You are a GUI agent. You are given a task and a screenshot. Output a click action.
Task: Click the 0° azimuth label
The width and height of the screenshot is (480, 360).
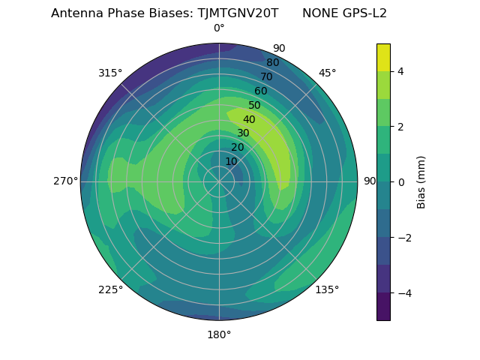click(219, 28)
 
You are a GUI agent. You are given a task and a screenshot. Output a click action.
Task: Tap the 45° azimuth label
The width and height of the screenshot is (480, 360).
click(327, 73)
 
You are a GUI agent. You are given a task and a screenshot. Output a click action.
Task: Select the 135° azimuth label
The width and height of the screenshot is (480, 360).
click(327, 289)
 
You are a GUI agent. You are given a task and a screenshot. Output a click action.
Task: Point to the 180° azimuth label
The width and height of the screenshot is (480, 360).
click(219, 334)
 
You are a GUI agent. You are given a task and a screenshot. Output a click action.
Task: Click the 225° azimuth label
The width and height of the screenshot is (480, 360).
click(110, 289)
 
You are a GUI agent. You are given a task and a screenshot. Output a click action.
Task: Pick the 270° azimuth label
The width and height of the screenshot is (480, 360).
click(65, 181)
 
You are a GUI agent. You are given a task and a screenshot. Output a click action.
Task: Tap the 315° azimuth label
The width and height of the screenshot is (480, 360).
click(110, 73)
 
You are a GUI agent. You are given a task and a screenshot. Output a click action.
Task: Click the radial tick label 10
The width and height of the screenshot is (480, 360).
click(231, 161)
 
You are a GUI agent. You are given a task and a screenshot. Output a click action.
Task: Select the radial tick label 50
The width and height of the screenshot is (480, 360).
click(255, 106)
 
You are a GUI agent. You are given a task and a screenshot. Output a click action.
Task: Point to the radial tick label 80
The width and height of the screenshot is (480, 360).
click(272, 63)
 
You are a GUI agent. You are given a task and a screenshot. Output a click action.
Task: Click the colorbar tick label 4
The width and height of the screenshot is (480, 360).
click(401, 71)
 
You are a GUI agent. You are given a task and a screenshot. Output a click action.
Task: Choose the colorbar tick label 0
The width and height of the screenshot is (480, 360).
click(401, 181)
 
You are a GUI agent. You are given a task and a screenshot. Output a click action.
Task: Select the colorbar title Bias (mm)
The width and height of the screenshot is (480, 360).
click(421, 181)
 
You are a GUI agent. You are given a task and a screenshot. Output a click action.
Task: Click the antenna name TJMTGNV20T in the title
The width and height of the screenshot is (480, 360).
click(238, 13)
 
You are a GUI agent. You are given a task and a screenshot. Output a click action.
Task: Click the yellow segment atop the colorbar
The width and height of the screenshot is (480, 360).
click(383, 57)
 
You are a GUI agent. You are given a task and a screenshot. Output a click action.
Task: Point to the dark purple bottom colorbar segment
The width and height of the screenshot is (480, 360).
click(383, 307)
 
